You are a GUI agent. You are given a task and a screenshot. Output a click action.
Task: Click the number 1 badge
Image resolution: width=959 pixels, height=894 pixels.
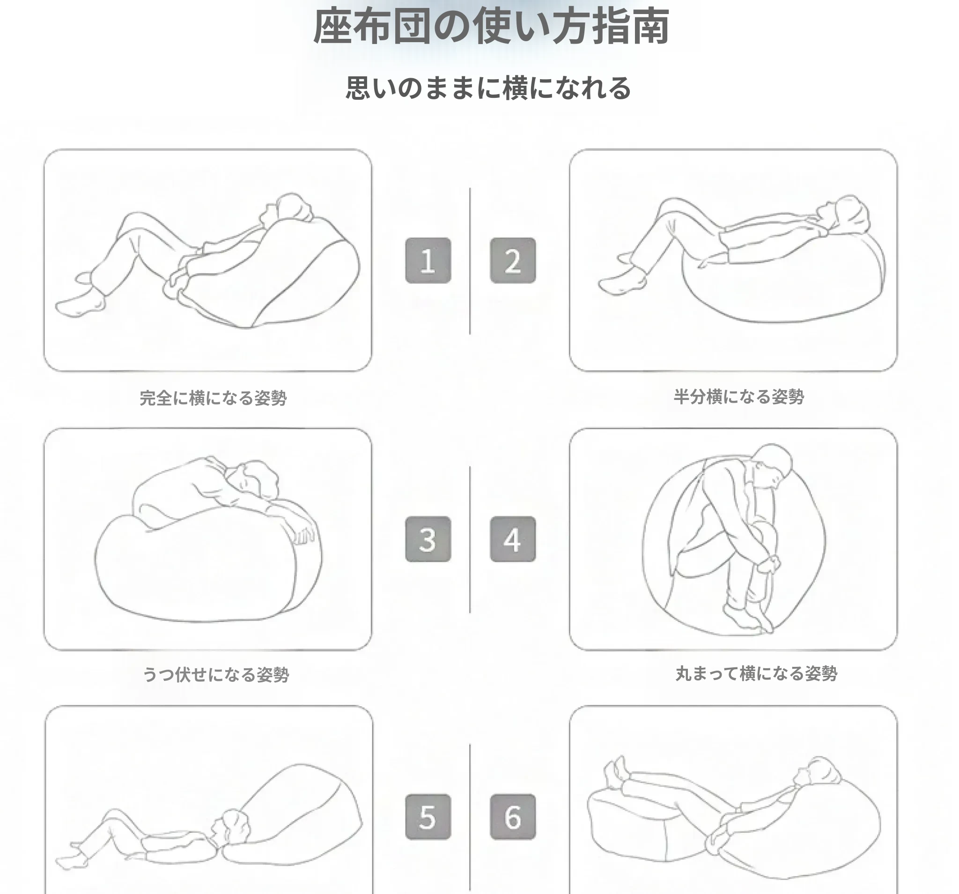[428, 260]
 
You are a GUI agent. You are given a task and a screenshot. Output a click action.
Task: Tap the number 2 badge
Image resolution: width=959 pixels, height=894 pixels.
[513, 260]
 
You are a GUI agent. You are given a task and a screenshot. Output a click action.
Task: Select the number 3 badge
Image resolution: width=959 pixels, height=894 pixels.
[428, 539]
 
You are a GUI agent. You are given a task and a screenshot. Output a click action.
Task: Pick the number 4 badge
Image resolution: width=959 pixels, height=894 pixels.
[513, 539]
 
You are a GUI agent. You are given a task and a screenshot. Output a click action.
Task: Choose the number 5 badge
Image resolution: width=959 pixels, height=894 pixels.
[428, 817]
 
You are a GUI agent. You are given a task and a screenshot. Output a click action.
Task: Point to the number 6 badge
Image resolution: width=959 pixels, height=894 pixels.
[513, 817]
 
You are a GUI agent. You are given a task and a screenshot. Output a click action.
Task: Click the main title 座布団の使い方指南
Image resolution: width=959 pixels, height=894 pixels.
[491, 26]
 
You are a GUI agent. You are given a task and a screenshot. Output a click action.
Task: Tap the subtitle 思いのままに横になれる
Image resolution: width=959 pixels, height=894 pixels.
[488, 88]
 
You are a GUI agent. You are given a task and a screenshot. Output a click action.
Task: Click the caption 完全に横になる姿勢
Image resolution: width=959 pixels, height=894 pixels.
[213, 398]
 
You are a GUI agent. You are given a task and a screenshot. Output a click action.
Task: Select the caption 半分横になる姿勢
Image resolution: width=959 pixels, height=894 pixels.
[739, 397]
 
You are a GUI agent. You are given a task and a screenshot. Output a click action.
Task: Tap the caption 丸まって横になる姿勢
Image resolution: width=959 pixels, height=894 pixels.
[756, 673]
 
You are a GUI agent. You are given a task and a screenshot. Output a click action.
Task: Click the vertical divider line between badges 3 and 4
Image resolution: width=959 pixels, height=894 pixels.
[470, 539]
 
